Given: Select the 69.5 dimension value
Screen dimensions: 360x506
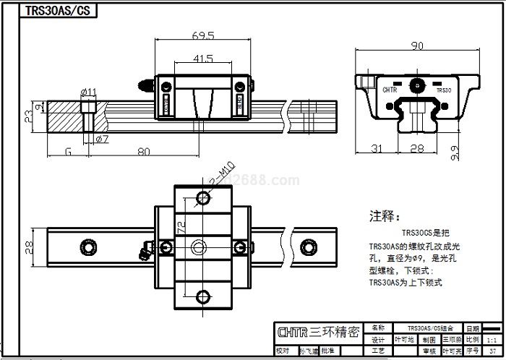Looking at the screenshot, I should (x=203, y=35).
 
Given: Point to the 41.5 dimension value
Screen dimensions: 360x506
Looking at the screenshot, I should (x=203, y=59).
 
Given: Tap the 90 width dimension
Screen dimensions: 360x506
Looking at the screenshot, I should (x=417, y=46).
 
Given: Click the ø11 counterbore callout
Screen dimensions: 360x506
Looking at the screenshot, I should (x=89, y=91).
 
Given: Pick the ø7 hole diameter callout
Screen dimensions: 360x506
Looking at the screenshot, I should (x=101, y=138).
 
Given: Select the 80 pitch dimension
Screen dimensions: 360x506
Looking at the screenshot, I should (x=143, y=152).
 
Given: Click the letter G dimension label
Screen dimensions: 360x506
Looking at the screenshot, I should (x=68, y=152).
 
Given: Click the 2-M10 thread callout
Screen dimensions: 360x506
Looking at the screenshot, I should (x=220, y=176).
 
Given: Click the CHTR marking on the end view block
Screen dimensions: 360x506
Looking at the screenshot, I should (x=390, y=90).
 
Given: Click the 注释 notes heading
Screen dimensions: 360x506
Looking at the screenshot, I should (x=383, y=216).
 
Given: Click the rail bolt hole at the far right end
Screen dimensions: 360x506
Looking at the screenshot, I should (x=309, y=247).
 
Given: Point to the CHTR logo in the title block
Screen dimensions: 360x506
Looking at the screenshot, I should (x=292, y=332).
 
